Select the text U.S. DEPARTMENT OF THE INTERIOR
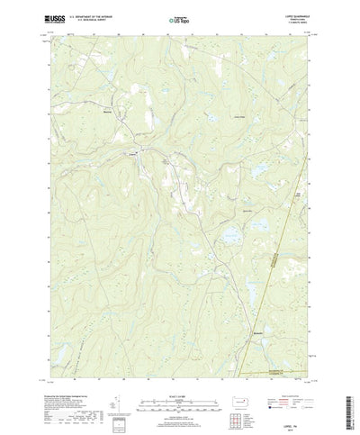(85, 14)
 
